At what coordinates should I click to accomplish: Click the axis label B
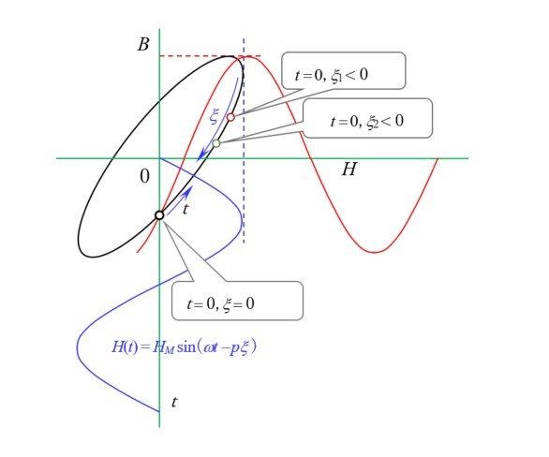point(143,44)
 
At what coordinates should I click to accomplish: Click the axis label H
point(349,169)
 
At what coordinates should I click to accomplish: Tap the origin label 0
point(144,176)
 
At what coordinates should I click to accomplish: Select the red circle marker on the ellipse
point(230,117)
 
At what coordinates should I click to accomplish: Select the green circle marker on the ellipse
point(216,143)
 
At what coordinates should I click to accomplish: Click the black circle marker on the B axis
point(159,214)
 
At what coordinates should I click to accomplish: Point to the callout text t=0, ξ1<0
point(332,75)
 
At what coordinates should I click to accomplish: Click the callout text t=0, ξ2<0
point(367,121)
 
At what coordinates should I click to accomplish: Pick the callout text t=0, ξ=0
point(220,303)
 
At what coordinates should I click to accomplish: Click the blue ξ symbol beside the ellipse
point(214,116)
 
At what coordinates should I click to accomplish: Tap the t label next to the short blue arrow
point(185,209)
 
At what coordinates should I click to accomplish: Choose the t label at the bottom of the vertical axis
point(174,402)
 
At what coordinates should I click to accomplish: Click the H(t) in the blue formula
point(125,347)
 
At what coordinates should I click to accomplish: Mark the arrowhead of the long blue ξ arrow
point(200,156)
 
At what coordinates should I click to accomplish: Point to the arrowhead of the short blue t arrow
point(189,190)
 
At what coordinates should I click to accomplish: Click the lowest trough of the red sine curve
point(375,252)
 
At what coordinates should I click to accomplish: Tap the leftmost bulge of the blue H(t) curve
point(77,347)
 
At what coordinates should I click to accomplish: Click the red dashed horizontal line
point(210,56)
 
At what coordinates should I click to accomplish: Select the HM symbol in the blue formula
point(164,347)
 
